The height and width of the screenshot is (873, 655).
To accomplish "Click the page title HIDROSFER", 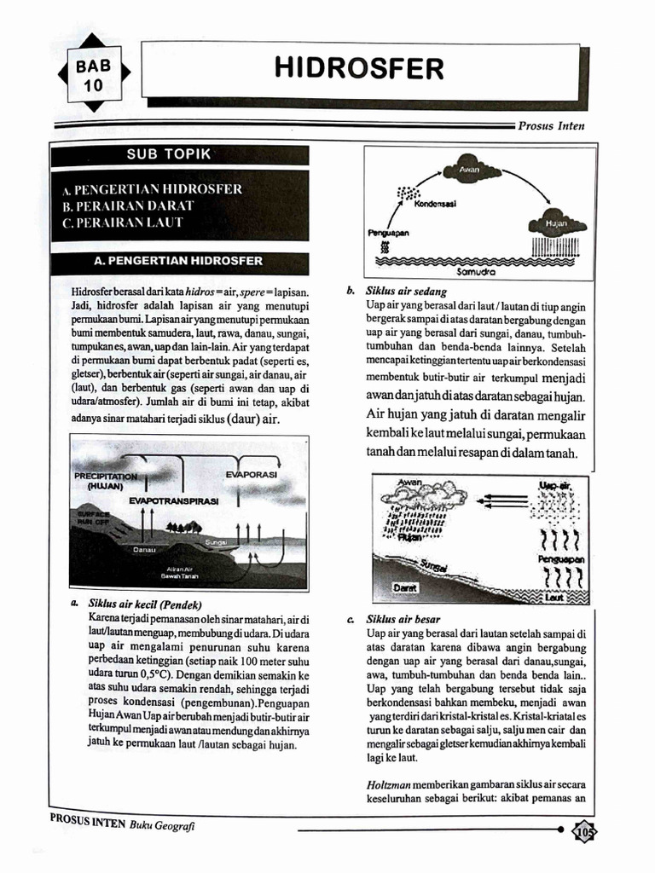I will (x=359, y=68).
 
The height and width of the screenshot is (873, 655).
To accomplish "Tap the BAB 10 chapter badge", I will (x=94, y=75).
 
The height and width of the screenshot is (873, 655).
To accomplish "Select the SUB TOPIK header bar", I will (x=179, y=154).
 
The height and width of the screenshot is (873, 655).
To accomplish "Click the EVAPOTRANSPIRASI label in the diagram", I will (x=173, y=501).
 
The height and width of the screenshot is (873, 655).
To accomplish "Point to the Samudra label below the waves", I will (x=476, y=275).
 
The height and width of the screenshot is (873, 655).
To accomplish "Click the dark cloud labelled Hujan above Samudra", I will (x=557, y=225).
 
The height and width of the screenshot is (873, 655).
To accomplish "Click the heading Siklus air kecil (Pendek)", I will (x=143, y=602).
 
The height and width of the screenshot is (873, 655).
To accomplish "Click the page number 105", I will (x=585, y=831).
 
